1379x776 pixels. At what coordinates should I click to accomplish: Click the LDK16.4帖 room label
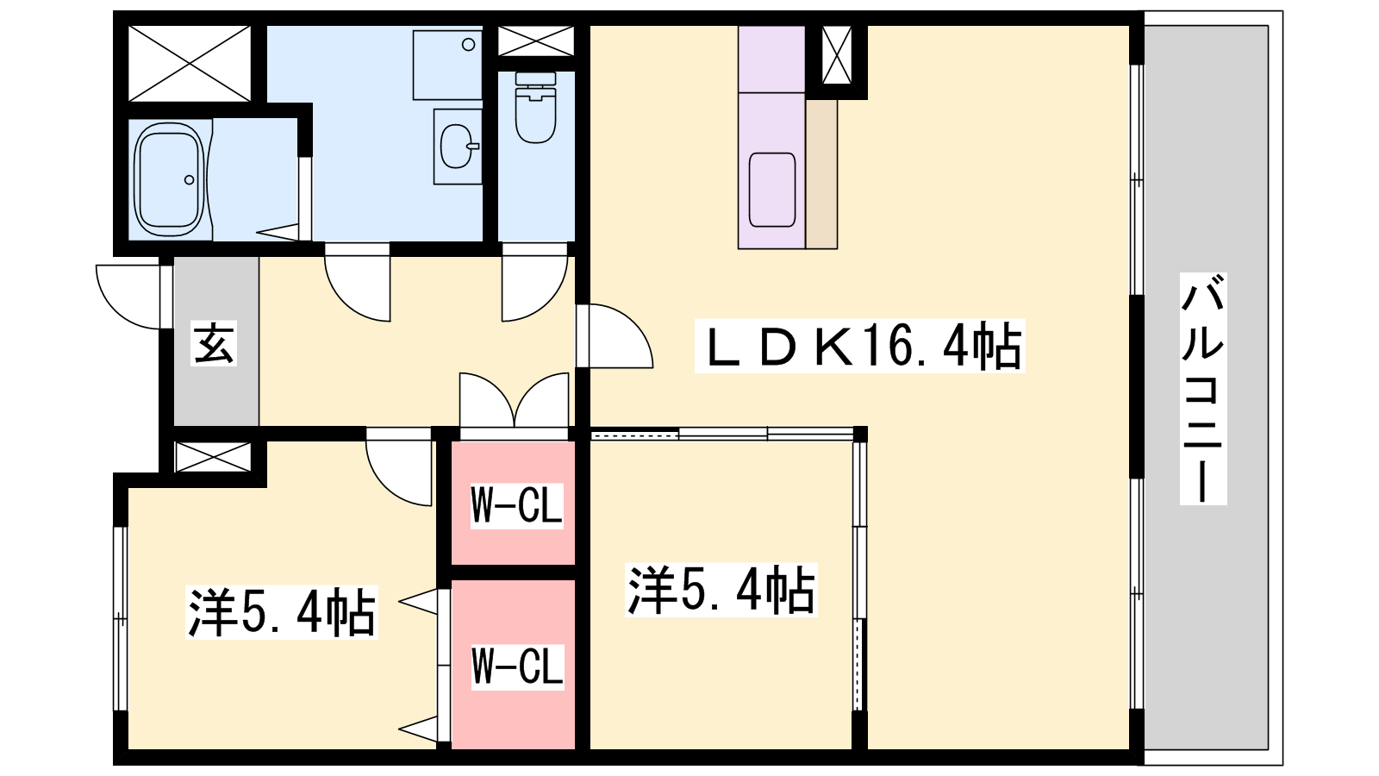click(859, 347)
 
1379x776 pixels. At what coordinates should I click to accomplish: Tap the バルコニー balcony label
click(1203, 388)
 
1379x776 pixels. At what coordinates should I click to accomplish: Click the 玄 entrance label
click(214, 344)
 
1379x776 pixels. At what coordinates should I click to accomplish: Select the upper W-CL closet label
click(516, 505)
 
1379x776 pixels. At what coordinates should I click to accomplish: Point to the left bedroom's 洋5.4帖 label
click(282, 611)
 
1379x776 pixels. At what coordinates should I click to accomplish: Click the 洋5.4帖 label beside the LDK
click(721, 591)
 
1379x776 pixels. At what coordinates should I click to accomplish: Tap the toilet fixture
click(535, 108)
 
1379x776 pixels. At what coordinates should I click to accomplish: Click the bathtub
click(170, 179)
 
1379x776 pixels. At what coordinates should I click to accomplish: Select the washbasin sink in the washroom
click(457, 146)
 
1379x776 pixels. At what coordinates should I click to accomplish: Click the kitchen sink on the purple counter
click(772, 190)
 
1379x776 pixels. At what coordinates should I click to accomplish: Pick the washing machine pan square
click(447, 65)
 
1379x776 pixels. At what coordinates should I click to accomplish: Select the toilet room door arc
click(534, 289)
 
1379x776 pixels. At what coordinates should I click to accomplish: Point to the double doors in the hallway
click(515, 401)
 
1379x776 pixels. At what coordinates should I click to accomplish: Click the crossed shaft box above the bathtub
click(190, 63)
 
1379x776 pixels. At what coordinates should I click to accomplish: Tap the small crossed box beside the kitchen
click(836, 55)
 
